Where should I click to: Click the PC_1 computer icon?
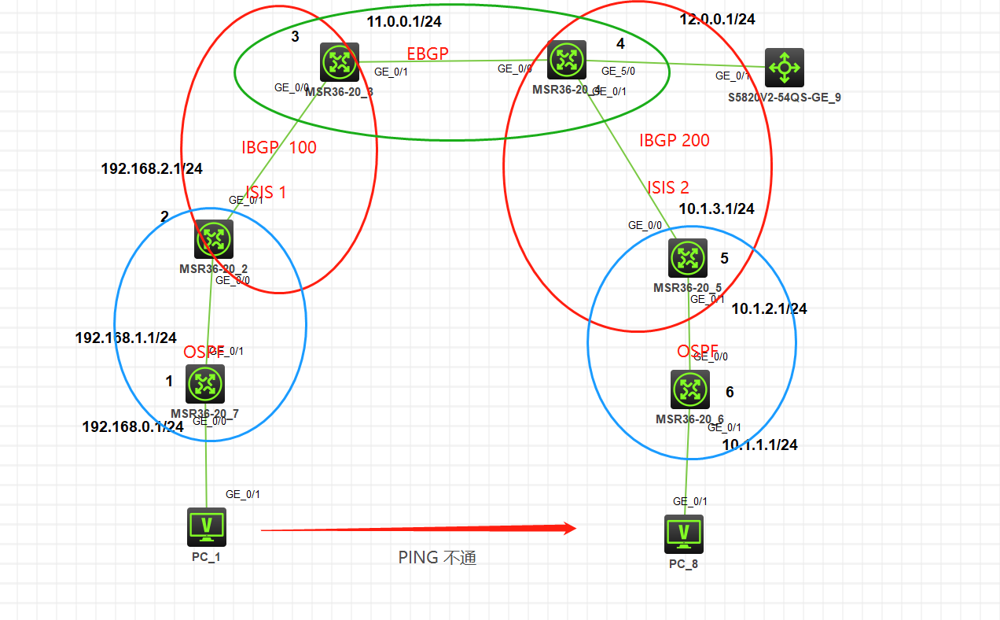pos(207,526)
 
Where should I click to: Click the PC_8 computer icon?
pos(684,534)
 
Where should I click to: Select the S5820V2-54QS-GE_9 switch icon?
pos(784,68)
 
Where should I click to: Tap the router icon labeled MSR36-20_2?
pos(214,238)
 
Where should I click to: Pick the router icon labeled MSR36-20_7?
pos(205,384)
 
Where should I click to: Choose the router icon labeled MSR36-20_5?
pos(688,258)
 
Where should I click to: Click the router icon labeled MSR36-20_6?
pos(690,389)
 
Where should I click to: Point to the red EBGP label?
pos(427,54)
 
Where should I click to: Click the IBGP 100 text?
pos(279,147)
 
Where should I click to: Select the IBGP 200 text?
pos(674,140)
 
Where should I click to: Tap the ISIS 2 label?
pos(667,187)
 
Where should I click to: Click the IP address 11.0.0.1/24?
pos(404,21)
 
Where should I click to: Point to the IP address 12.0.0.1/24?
pos(717,20)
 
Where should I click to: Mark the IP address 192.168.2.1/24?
pos(152,168)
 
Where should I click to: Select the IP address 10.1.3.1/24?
pos(716,209)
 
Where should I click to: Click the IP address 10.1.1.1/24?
pos(759,445)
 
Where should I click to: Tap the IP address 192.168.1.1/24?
pos(126,338)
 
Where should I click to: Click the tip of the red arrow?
pos(576,529)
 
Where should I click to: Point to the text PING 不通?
pos(437,558)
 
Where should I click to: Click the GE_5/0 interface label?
pos(618,71)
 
